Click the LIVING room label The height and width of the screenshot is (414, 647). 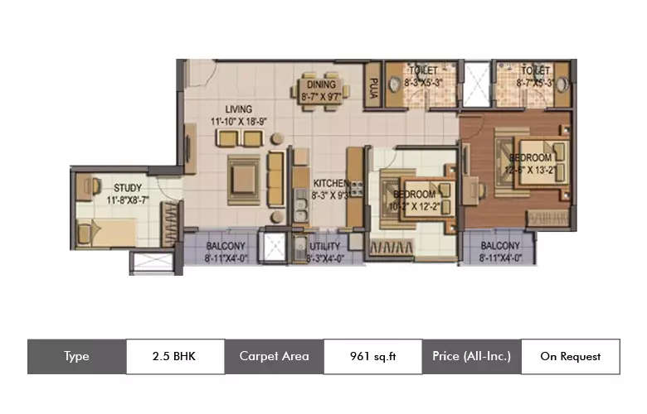coord(237,109)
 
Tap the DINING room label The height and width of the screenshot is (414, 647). coord(320,84)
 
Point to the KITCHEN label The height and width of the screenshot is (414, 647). coord(329,183)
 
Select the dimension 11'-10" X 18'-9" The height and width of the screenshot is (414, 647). coord(237,121)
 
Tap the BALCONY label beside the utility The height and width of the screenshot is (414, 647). coord(224,246)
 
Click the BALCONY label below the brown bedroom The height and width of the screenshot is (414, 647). coord(500,246)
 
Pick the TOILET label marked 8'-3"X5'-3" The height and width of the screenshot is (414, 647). coord(423,71)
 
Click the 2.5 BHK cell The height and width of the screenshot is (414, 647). coord(175,357)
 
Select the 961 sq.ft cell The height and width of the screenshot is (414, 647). coord(372,357)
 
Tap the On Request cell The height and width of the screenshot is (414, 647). coord(570,357)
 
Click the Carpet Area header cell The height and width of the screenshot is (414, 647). coord(274,357)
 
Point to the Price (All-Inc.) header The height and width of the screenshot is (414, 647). coord(471,357)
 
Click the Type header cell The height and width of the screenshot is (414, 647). coord(76,357)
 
